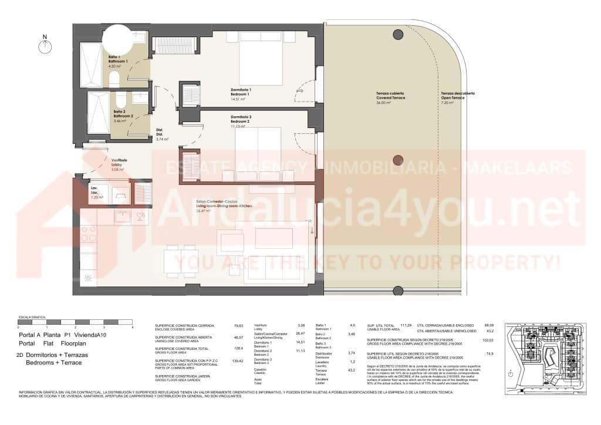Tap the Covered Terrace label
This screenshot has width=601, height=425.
click(x=390, y=97)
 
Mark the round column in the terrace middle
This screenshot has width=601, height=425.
click(x=398, y=160)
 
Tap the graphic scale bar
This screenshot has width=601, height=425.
click(x=75, y=322)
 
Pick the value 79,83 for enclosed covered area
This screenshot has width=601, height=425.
click(x=238, y=325)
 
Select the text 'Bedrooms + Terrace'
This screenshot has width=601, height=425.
click(x=54, y=363)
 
